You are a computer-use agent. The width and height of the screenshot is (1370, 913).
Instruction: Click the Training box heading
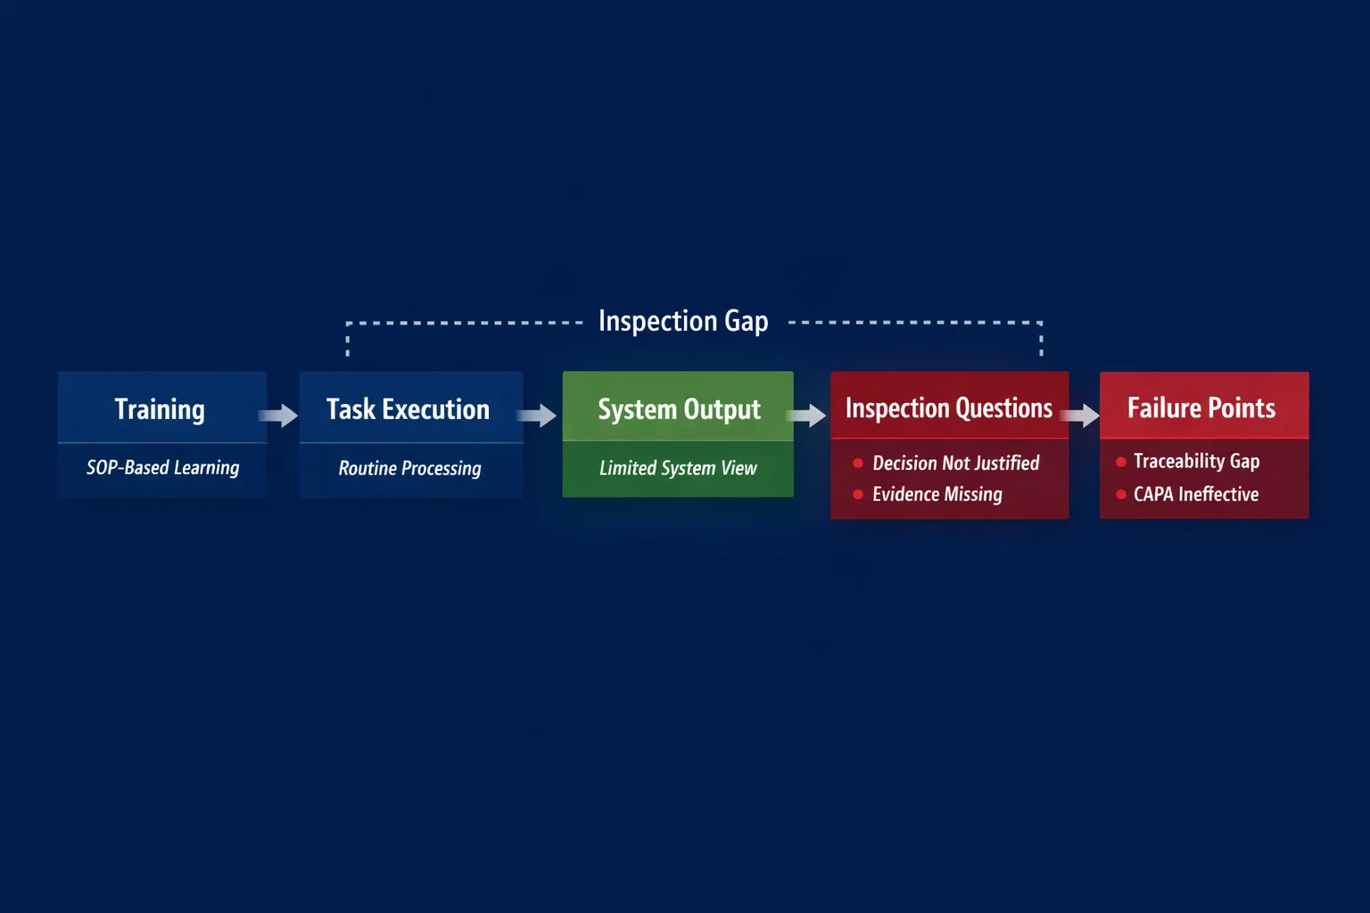coord(160,409)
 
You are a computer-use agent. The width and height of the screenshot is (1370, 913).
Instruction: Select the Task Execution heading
coord(408,409)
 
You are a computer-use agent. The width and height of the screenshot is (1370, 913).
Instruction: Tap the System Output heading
coord(679,409)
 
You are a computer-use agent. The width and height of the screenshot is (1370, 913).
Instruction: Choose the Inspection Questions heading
coord(949,408)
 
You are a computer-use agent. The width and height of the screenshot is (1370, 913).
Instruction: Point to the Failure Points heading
coord(1201,408)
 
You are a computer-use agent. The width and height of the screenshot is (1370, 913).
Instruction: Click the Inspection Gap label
coord(683,321)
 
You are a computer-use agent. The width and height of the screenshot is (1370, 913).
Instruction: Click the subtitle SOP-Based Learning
coord(162,467)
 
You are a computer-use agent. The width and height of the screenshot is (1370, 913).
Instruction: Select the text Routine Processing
coord(409,468)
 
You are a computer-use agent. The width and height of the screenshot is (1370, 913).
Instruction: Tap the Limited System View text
coord(678,468)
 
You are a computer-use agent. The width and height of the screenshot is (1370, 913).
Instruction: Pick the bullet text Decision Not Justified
coord(955,463)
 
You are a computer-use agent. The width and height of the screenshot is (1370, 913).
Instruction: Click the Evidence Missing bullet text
coord(937,494)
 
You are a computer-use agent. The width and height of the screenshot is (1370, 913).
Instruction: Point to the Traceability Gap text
coord(1196,461)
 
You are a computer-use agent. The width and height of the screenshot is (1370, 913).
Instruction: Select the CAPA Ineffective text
coord(1196,494)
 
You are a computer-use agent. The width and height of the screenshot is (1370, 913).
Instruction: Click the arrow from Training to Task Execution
coord(279,415)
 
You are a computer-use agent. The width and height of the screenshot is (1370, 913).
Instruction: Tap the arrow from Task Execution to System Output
coord(538,415)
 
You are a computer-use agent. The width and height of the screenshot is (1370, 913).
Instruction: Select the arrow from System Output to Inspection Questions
coord(808,415)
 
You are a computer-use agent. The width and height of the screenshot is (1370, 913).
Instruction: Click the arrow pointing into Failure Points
coord(1082,415)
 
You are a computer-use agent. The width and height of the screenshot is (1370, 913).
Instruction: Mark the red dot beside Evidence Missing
coord(858,494)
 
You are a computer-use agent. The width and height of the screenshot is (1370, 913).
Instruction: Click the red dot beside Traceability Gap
coord(1121,462)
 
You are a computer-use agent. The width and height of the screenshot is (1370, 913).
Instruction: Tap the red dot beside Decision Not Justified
coord(858,463)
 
